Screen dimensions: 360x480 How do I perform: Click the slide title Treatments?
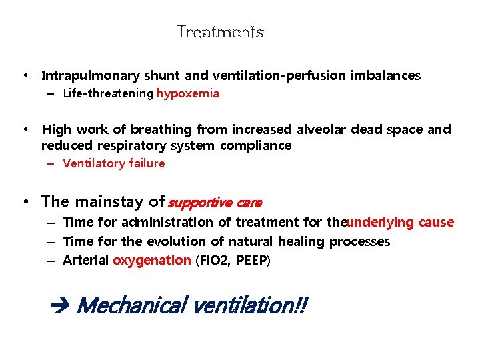tap(220, 32)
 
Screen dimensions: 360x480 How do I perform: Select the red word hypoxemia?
tap(187, 94)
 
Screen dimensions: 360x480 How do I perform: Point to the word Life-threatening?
tap(108, 94)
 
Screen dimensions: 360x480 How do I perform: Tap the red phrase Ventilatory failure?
tap(113, 163)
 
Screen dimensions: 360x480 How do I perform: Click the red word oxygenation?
tap(151, 260)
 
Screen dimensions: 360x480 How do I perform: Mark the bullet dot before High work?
tap(25, 129)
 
